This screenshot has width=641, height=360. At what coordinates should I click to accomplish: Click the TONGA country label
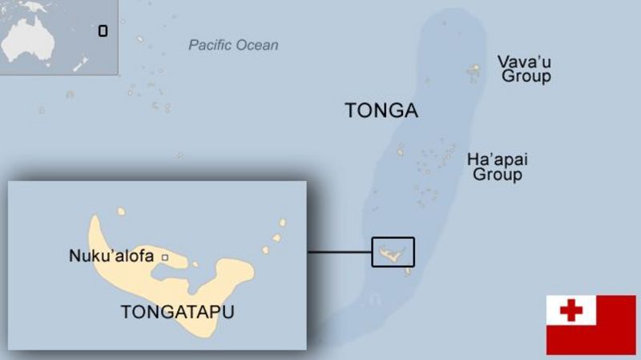point(381,111)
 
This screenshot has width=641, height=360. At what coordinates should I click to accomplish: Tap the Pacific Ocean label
point(233,45)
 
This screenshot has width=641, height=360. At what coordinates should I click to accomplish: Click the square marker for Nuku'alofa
point(165,257)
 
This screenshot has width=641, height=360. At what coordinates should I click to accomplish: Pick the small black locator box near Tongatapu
point(393,251)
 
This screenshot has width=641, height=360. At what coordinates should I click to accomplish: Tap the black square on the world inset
point(103,31)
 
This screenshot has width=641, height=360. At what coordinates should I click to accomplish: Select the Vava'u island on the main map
point(474,73)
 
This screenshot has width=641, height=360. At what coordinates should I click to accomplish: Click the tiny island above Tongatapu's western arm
point(121,212)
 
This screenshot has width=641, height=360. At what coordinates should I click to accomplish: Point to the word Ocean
point(257,45)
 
